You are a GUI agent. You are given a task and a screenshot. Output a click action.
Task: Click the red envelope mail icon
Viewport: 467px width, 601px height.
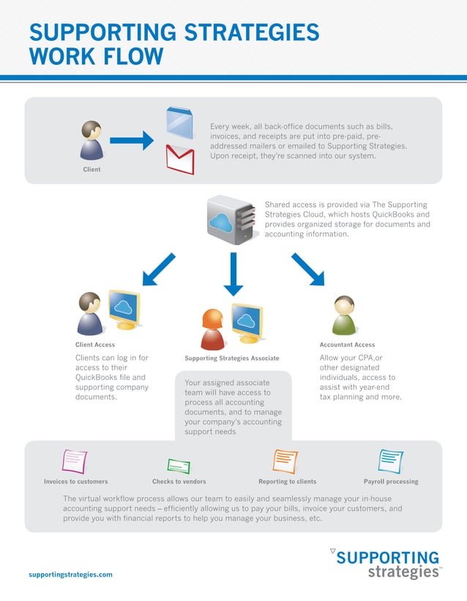click(180, 159)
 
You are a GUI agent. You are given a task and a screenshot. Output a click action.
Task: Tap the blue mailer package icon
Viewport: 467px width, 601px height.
click(179, 123)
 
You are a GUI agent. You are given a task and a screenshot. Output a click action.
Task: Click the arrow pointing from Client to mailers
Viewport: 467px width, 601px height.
click(131, 140)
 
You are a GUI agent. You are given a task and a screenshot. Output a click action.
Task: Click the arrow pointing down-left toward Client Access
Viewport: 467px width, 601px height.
click(159, 269)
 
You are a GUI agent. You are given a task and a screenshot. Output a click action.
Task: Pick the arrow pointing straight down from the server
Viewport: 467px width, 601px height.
click(233, 274)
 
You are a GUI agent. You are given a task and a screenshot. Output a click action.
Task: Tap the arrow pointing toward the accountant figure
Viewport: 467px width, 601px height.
click(307, 269)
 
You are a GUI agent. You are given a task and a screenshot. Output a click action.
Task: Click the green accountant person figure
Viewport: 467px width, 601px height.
click(343, 315)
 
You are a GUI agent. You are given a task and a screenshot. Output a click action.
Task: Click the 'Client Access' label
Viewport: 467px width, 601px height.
click(95, 344)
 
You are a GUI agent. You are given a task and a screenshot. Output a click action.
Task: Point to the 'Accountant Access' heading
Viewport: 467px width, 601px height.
click(347, 344)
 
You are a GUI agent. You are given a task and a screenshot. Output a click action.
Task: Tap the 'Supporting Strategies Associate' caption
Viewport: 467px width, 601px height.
click(232, 358)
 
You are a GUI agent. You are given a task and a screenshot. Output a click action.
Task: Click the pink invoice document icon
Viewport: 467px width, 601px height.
click(75, 461)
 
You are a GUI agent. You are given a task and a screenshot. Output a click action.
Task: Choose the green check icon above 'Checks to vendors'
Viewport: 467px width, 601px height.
click(179, 466)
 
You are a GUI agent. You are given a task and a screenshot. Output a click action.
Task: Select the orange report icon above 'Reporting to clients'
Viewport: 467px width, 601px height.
click(285, 461)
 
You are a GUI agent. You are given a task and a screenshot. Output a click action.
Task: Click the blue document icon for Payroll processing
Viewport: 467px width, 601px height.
click(390, 461)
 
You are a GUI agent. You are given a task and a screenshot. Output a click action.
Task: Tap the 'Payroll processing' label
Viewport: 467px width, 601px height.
click(391, 482)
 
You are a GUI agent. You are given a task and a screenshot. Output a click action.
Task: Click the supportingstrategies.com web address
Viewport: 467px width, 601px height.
click(70, 575)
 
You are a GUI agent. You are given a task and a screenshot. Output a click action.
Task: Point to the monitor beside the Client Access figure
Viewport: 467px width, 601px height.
click(124, 309)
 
